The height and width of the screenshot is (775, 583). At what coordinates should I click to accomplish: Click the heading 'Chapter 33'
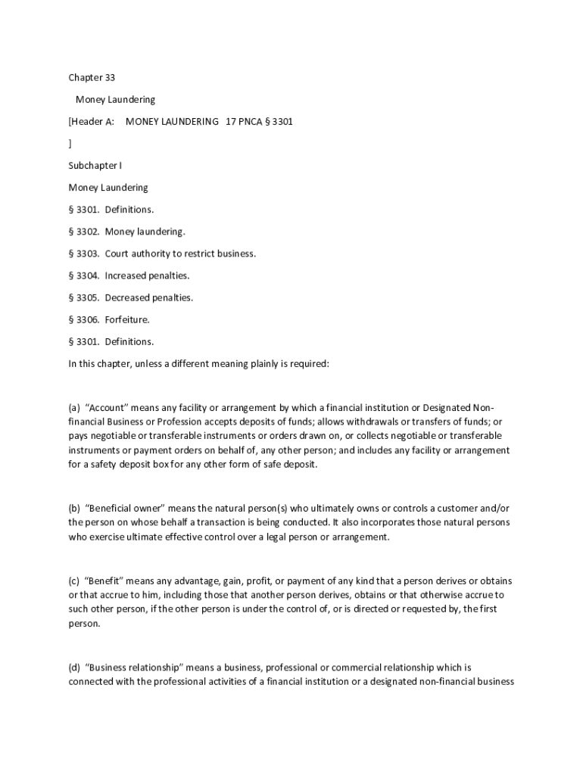pyautogui.click(x=92, y=77)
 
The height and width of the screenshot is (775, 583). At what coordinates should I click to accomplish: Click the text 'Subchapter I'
pyautogui.click(x=95, y=165)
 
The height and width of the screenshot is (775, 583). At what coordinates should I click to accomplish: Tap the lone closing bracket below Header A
pyautogui.click(x=70, y=143)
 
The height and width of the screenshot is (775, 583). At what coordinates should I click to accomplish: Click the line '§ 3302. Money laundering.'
pyautogui.click(x=127, y=232)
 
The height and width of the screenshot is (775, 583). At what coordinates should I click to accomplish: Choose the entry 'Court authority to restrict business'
pyautogui.click(x=180, y=254)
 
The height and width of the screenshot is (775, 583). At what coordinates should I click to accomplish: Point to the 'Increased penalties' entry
pyautogui.click(x=147, y=275)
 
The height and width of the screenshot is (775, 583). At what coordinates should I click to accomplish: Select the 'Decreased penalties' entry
pyautogui.click(x=148, y=297)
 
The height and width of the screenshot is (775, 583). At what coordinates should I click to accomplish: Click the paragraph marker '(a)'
pyautogui.click(x=74, y=407)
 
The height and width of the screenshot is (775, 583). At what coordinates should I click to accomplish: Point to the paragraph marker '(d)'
pyautogui.click(x=74, y=668)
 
